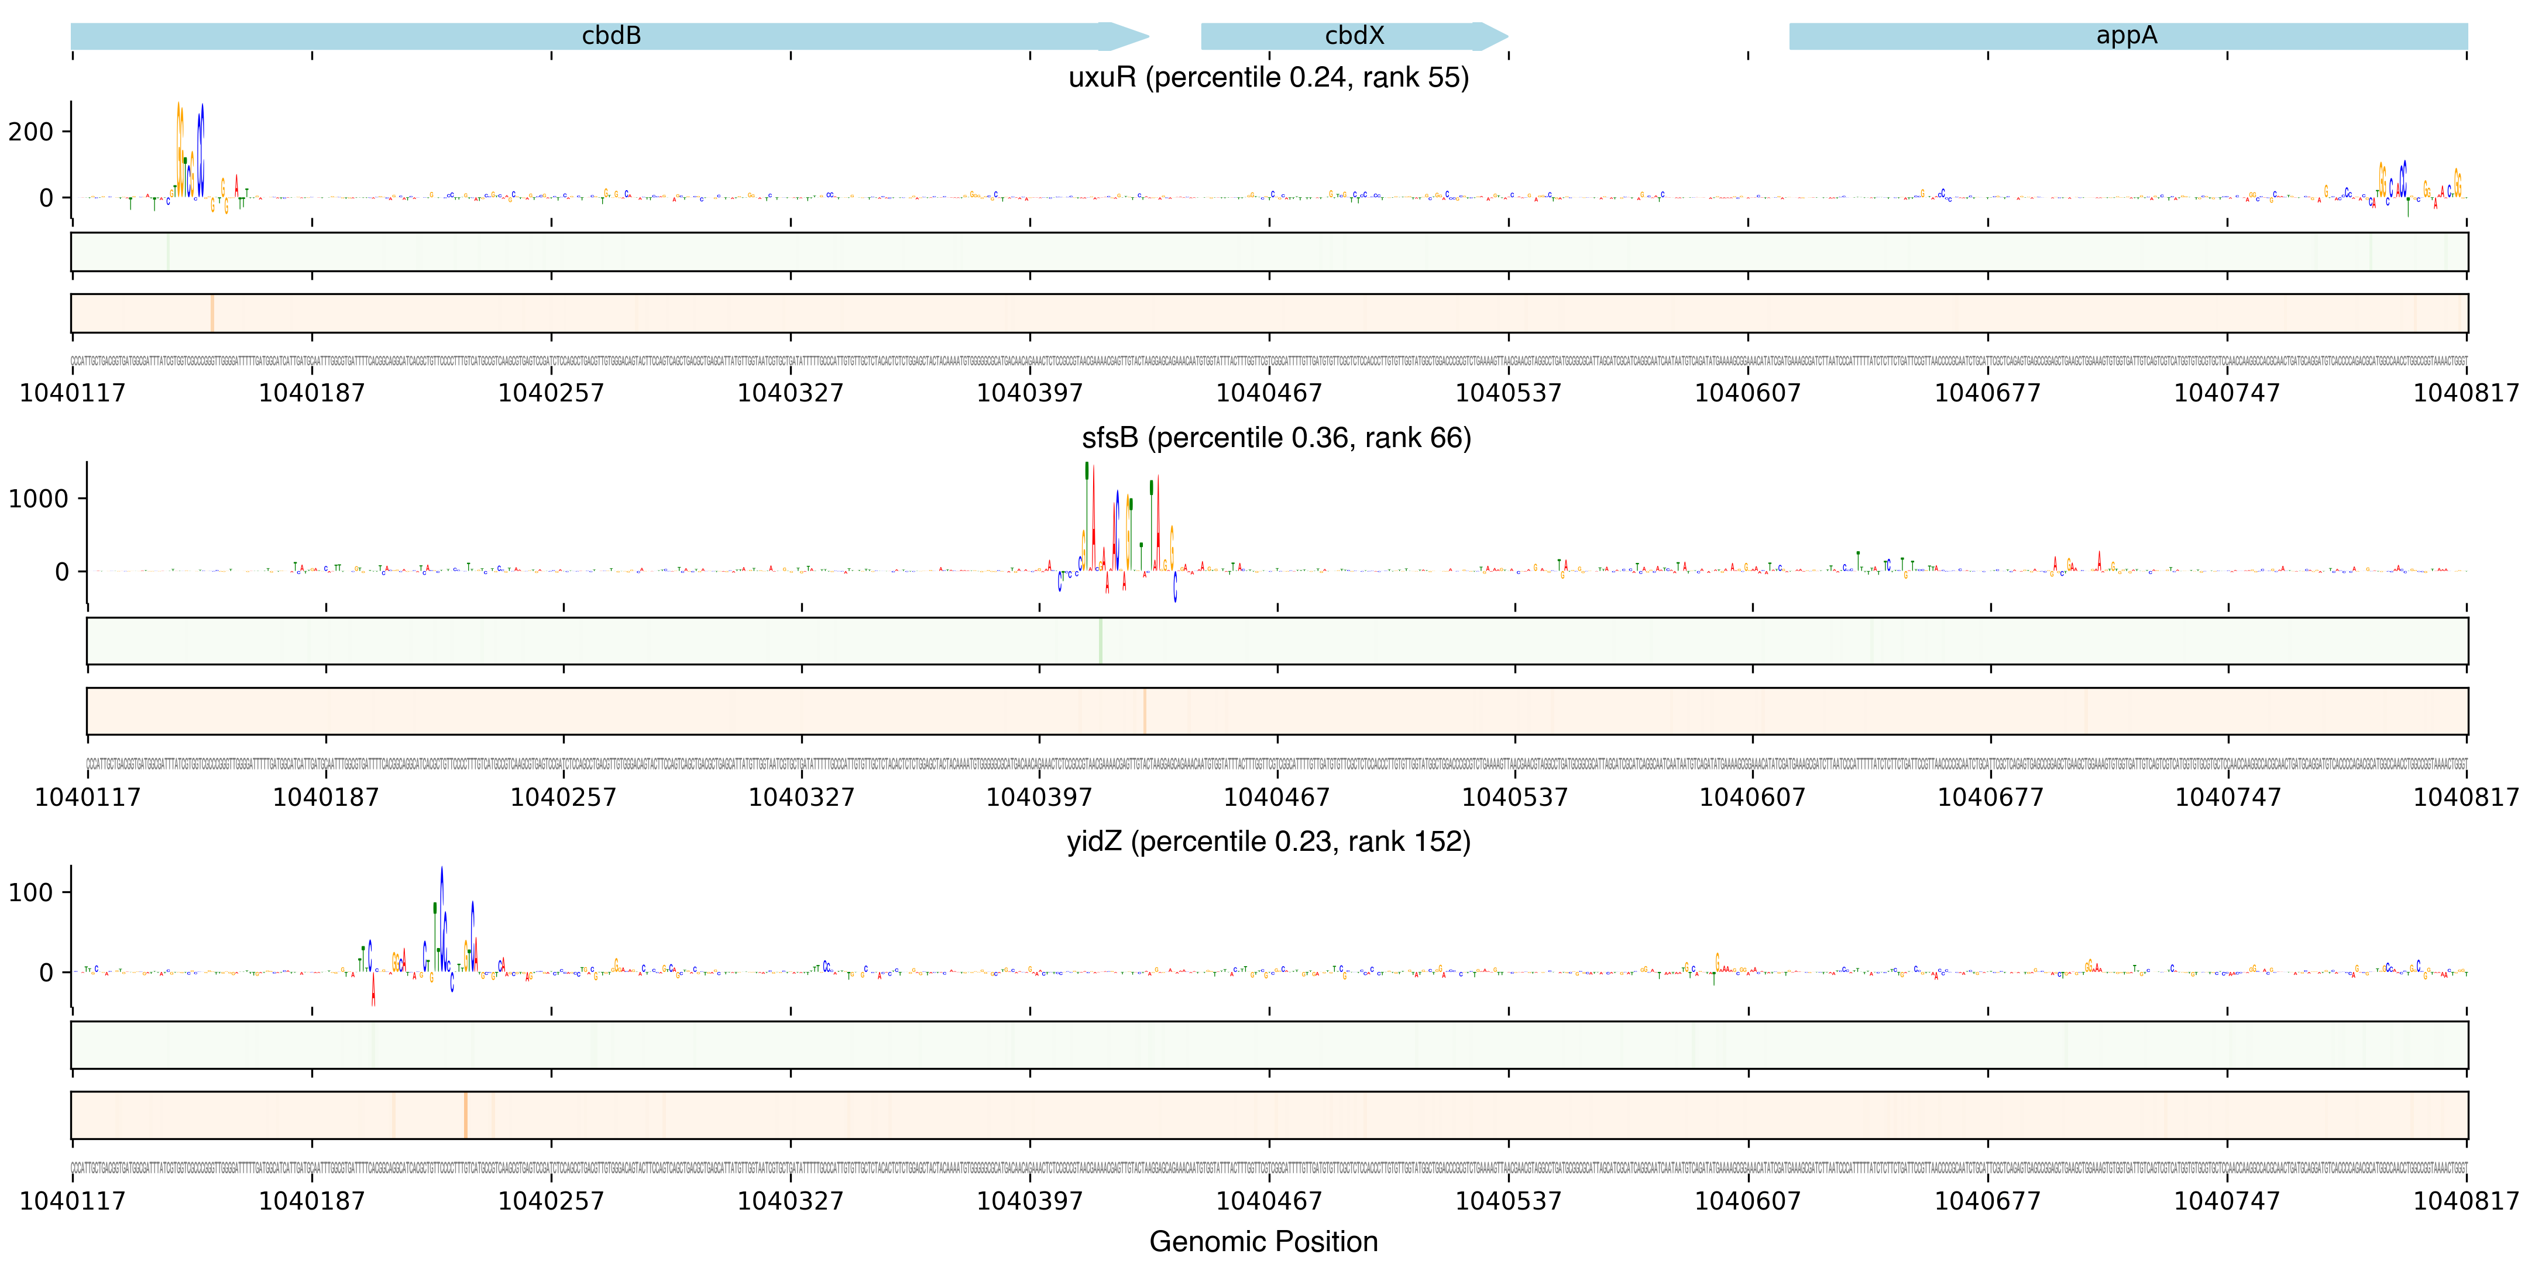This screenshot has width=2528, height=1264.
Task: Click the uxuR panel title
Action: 1268,77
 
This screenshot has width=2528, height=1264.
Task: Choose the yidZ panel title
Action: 1268,841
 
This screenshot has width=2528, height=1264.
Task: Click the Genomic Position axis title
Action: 1263,1241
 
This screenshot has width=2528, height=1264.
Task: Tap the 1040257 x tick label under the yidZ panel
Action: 551,1200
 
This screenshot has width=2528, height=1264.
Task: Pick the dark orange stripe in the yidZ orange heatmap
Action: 465,1115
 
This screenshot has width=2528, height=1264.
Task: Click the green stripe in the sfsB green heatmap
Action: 1100,641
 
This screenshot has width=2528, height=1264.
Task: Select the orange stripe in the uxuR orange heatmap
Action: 212,313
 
